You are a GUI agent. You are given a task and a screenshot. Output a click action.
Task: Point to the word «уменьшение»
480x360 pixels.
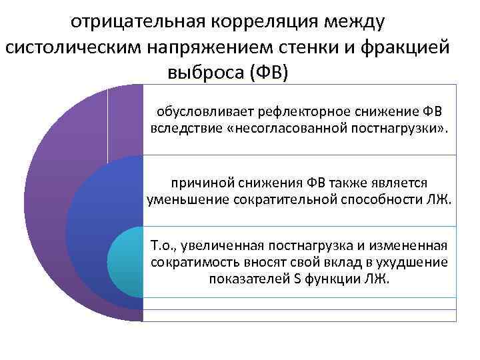[183, 199]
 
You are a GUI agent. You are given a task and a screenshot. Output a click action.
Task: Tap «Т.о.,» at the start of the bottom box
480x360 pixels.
[165, 247]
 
